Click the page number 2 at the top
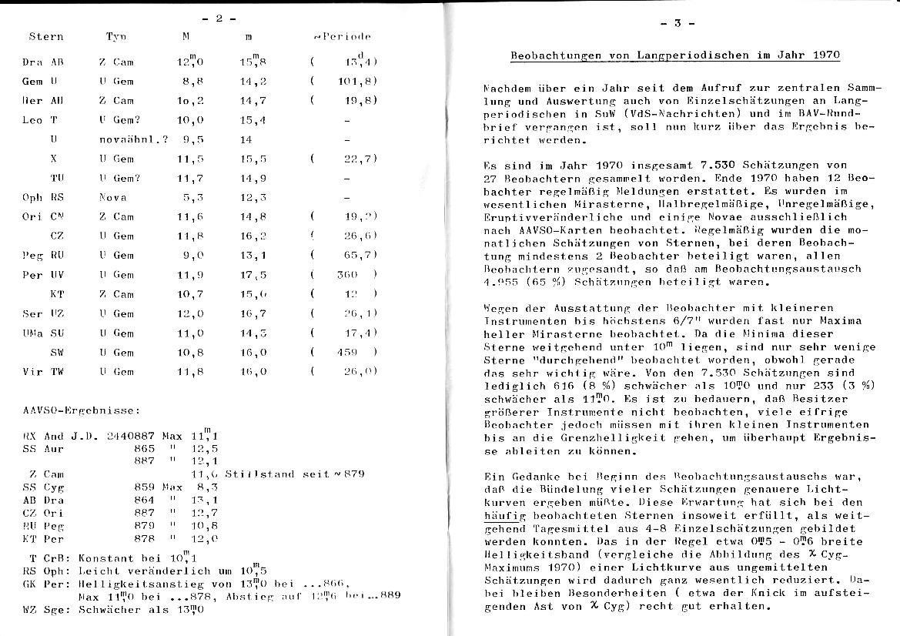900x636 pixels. coord(220,18)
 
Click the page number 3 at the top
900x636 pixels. coord(678,23)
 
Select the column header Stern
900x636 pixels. coord(46,36)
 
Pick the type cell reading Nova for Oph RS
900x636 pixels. coord(112,197)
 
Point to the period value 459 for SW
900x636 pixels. coord(348,352)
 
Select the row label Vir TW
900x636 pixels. coord(44,371)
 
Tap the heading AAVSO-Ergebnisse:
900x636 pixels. coord(70,410)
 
